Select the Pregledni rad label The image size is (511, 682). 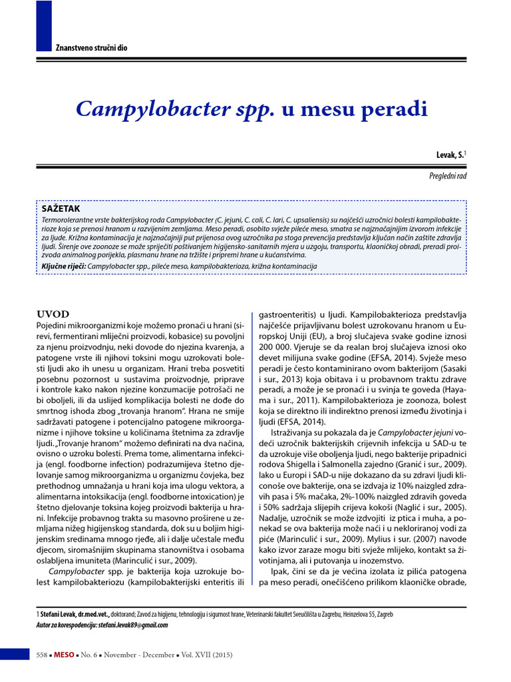448,174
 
